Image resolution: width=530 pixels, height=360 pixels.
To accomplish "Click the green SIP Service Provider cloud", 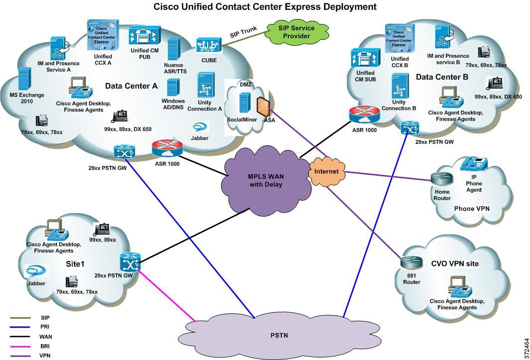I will pos(294,32).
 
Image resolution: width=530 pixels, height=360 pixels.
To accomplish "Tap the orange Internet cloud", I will pos(326,171).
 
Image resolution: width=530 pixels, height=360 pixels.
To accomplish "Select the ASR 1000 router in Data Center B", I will pos(361,115).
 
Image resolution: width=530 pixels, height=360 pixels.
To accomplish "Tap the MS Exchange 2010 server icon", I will pos(24,79).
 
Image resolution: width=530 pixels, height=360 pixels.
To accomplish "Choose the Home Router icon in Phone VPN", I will pos(441,180).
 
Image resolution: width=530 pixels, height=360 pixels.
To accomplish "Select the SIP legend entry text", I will pos(45,317).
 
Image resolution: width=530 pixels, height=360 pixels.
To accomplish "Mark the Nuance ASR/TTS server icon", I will pos(173,49).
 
